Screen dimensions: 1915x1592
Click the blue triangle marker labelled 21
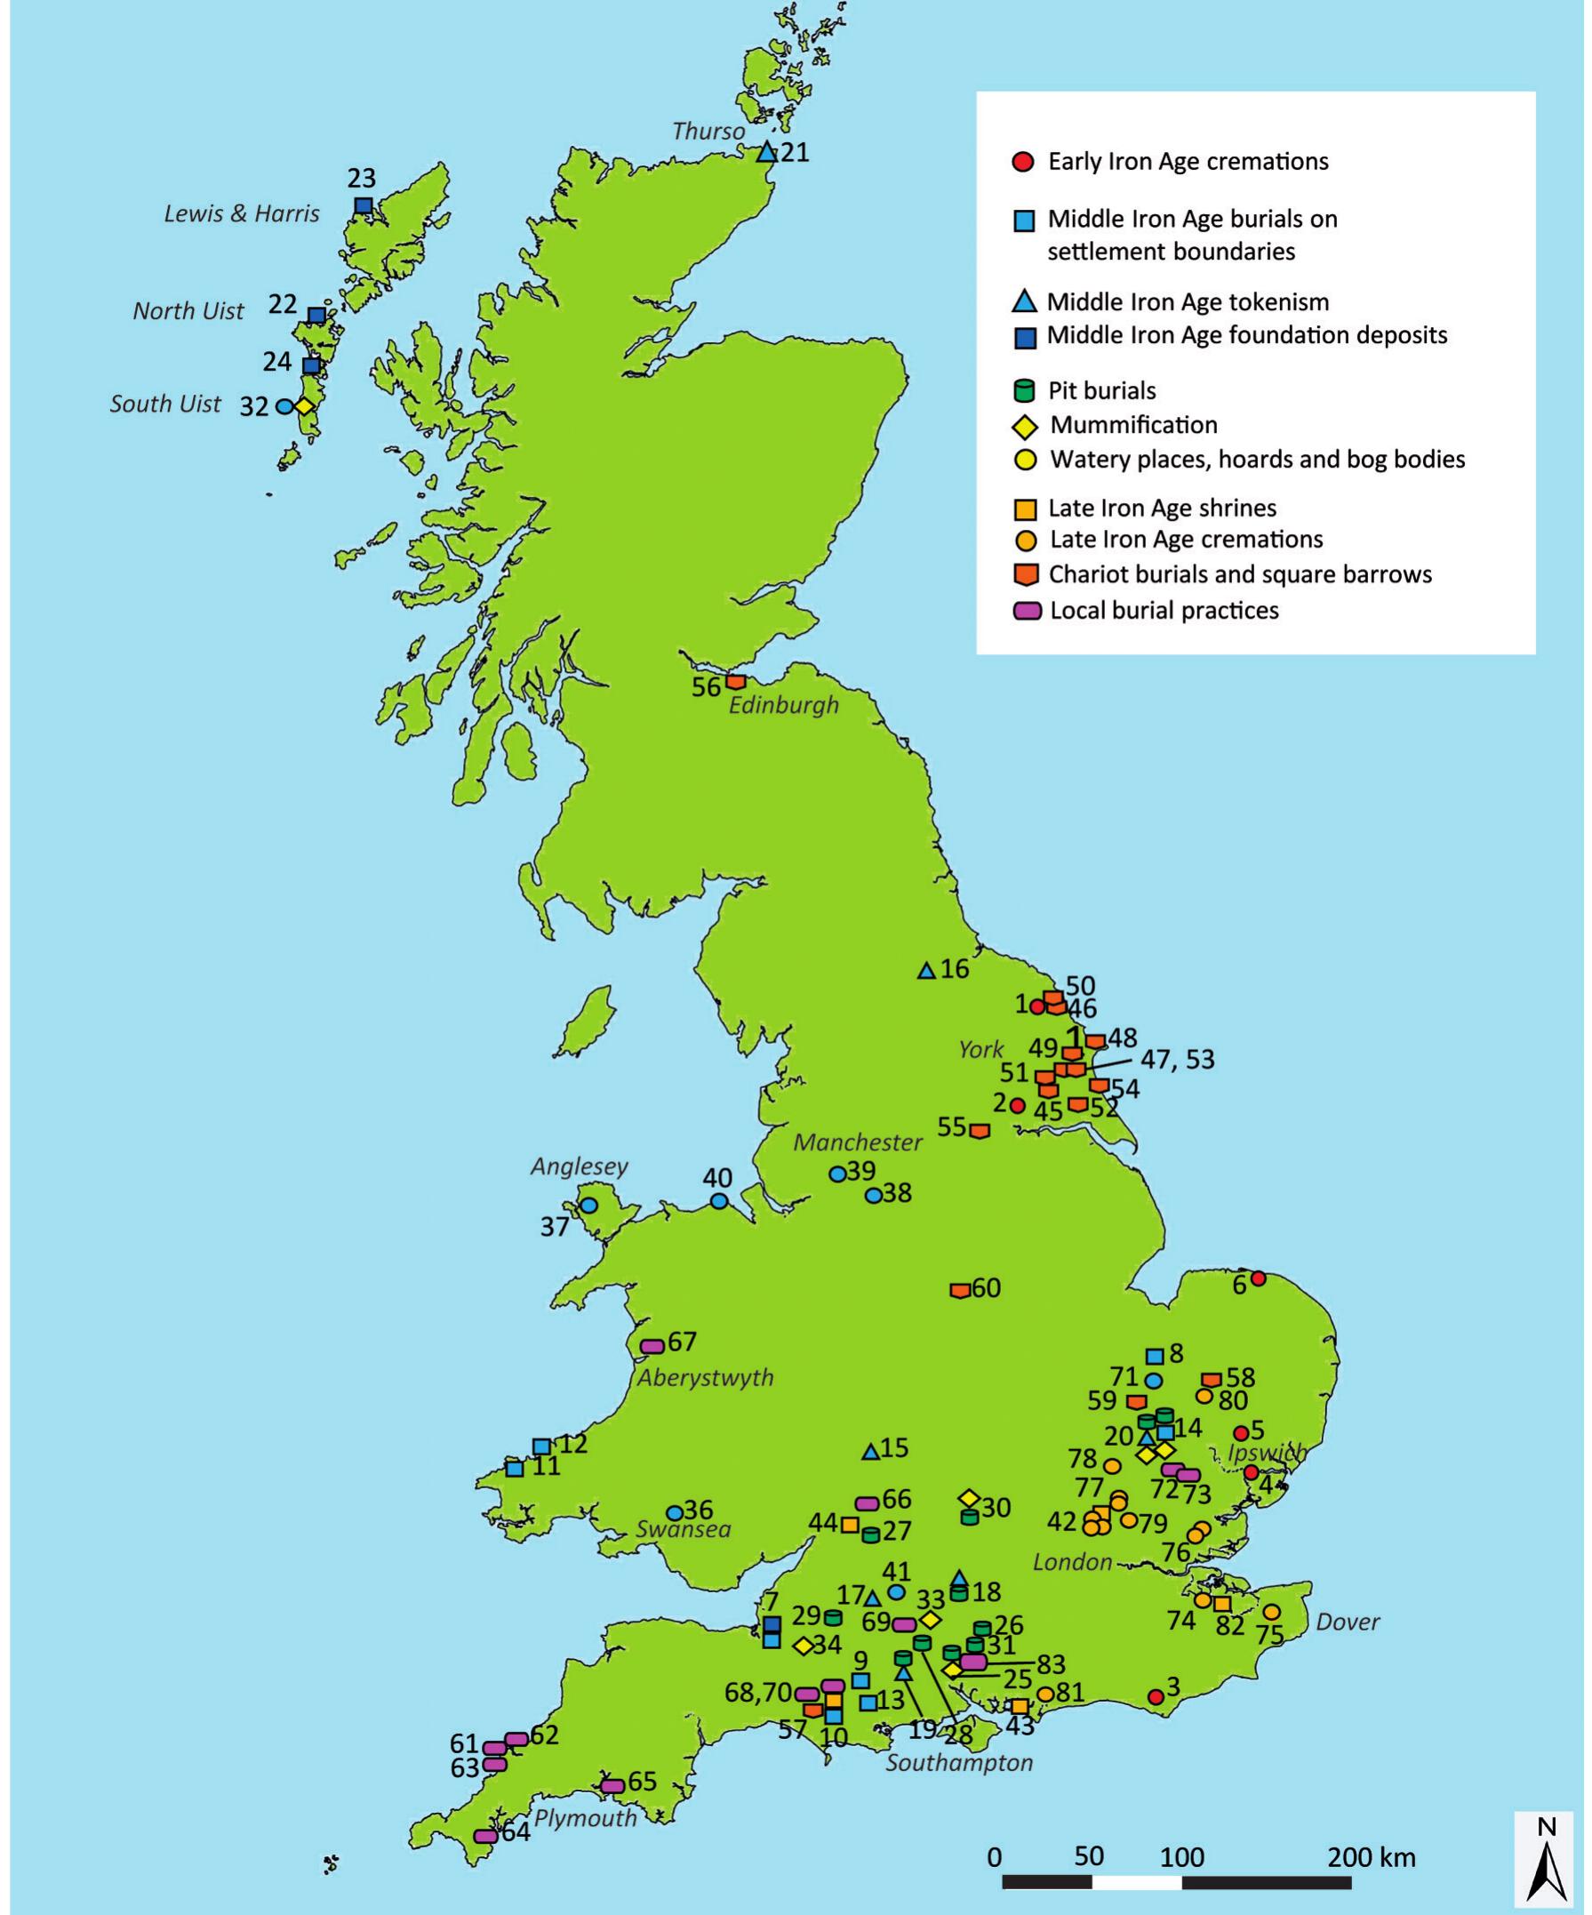tap(767, 152)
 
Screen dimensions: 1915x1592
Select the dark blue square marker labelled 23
tap(363, 205)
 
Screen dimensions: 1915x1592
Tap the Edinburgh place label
tap(783, 705)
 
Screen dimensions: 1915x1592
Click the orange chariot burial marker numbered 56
tap(736, 682)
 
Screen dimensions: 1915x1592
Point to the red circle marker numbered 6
tap(1259, 1278)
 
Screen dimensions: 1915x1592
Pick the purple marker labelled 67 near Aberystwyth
tap(652, 1346)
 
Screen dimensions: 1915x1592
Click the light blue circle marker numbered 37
tap(589, 1205)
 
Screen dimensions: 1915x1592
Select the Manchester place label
tap(858, 1142)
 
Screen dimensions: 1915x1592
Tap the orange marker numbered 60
tap(960, 1290)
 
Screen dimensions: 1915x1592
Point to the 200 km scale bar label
tap(1372, 1856)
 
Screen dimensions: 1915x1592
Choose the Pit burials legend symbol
tap(1025, 391)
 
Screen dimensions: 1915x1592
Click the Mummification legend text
tap(1133, 425)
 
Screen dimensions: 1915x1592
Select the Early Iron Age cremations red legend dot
tap(1025, 163)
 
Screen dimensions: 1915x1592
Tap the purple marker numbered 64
tap(485, 1836)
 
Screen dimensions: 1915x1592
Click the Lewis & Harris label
tap(242, 213)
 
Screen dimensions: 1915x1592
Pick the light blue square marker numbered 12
tap(541, 1446)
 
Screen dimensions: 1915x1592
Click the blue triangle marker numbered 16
tap(926, 971)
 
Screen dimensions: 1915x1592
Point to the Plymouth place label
tap(586, 1817)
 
